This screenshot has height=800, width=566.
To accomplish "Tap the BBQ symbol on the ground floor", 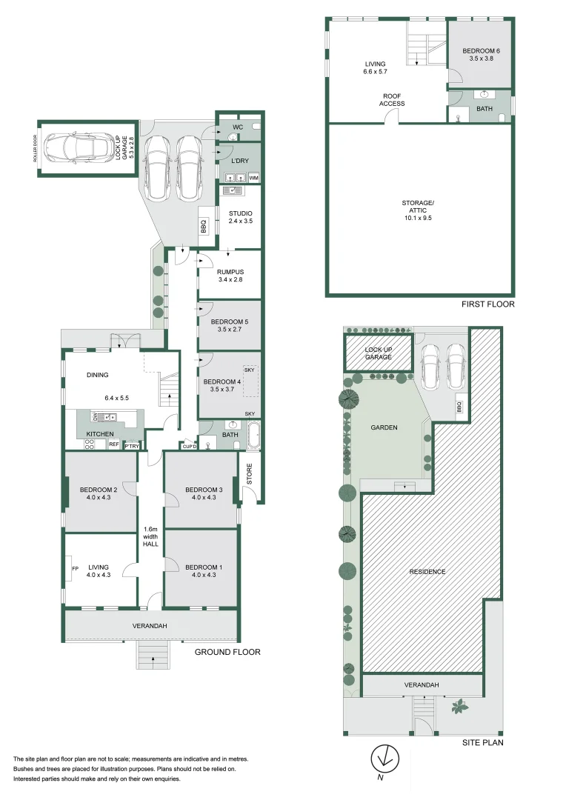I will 204,230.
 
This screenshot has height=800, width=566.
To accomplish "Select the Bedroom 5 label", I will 229,322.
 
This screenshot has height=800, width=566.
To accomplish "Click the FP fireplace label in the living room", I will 74,569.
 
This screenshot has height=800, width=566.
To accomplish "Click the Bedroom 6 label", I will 482,51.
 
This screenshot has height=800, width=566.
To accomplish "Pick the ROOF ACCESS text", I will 392,100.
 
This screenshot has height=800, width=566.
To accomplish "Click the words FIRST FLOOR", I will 487,304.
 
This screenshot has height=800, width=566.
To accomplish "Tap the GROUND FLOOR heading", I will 227,652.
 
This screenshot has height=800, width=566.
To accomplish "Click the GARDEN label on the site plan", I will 384,427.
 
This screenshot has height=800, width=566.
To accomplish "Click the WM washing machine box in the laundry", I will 253,178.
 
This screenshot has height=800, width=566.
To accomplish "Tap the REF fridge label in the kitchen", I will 114,444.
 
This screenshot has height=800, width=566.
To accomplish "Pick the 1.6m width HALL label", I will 150,539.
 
